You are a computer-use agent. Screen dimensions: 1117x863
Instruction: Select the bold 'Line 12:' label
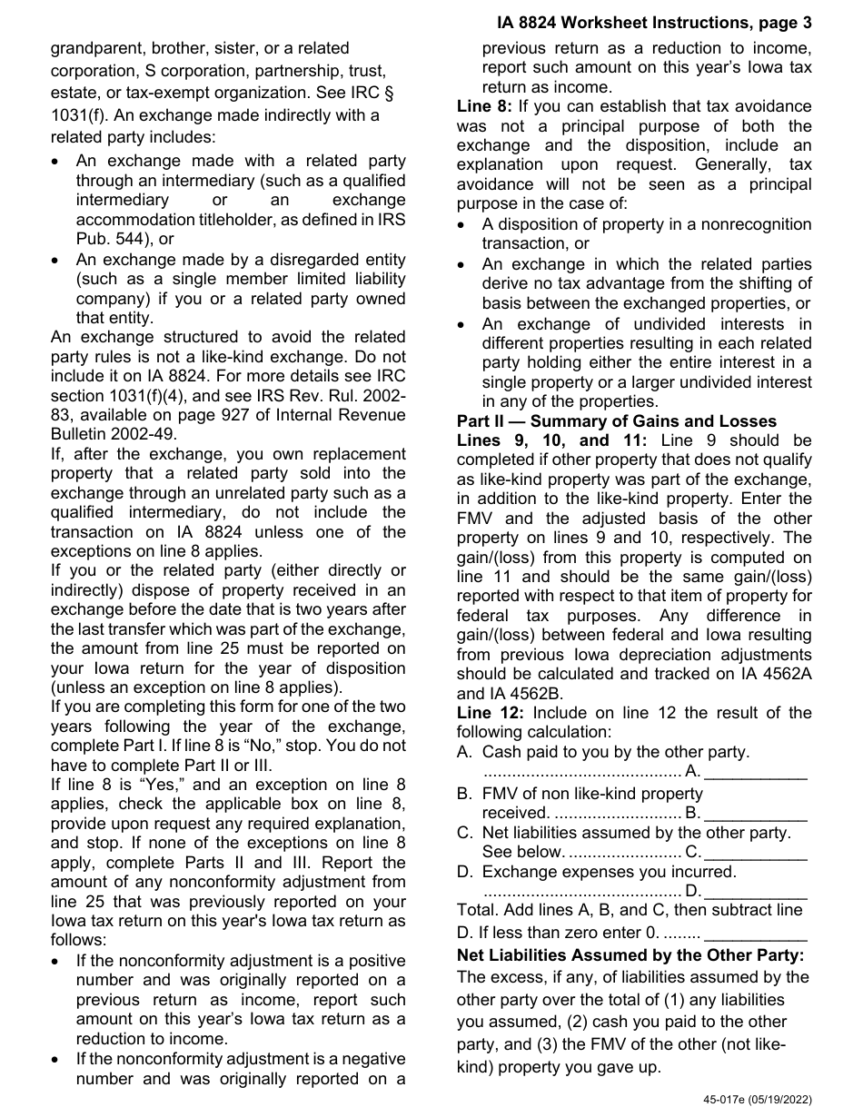(x=490, y=713)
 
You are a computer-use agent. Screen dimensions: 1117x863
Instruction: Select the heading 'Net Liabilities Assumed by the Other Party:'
(x=630, y=955)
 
